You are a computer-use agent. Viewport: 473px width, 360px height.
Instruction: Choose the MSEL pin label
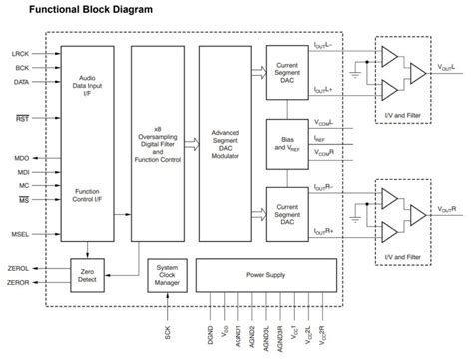(x=20, y=235)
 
